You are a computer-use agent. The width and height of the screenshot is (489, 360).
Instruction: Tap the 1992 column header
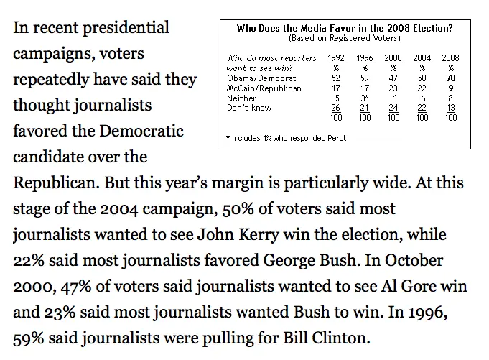click(x=335, y=57)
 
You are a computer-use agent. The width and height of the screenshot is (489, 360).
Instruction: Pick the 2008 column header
click(x=451, y=57)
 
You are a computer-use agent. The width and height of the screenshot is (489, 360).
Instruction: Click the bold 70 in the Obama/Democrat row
click(x=451, y=76)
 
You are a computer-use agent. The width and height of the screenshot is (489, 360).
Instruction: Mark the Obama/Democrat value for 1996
click(x=365, y=76)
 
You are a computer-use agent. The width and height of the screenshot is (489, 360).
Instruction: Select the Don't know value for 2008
click(x=451, y=107)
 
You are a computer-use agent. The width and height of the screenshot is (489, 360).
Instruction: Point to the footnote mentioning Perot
click(x=287, y=137)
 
